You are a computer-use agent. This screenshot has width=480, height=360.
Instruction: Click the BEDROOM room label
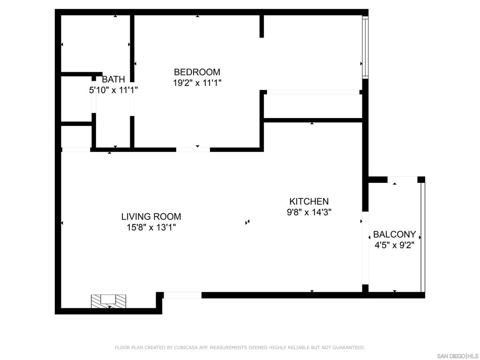coord(197,72)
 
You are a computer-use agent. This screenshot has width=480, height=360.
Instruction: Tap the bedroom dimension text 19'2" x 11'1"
coord(197,83)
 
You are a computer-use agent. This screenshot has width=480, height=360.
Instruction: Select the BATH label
coord(113,79)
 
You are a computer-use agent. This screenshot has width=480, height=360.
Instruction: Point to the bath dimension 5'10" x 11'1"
coord(113,90)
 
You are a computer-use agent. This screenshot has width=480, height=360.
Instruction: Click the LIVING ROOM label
coord(151,217)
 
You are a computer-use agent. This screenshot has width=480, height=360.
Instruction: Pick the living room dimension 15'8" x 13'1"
coord(151,227)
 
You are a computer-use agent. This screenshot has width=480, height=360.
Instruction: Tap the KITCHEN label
coord(309,202)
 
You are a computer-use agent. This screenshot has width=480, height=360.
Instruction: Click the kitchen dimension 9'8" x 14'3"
coord(309,212)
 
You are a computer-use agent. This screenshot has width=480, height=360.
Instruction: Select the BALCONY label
coord(395,234)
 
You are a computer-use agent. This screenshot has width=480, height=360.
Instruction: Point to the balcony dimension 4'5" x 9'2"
coord(395,245)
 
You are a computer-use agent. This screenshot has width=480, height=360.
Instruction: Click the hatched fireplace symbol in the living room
coord(108,301)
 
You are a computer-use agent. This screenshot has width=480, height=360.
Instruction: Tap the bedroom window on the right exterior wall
coord(365,47)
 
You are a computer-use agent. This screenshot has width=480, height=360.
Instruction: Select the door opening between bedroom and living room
coord(193,150)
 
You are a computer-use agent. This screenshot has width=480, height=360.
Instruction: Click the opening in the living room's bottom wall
coord(183,295)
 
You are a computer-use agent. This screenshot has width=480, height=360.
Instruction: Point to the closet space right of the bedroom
coord(313,106)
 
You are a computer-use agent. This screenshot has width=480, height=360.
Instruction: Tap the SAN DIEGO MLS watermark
coord(457,356)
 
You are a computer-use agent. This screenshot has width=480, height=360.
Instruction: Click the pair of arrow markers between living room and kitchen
coord(247,222)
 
